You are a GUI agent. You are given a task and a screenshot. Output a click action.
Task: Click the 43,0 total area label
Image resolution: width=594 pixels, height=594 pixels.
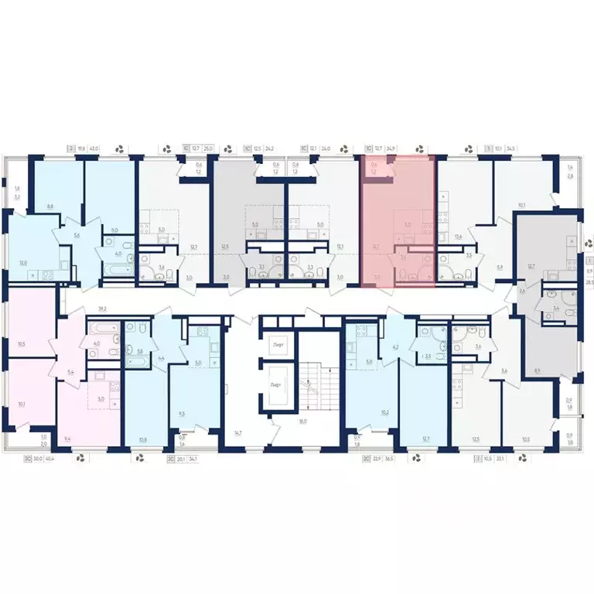[x=95, y=148]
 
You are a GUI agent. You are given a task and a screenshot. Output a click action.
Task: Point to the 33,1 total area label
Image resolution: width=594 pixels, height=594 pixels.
[x=500, y=458]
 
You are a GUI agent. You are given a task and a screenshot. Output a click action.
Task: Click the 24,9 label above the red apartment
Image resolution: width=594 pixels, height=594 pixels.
[x=391, y=148]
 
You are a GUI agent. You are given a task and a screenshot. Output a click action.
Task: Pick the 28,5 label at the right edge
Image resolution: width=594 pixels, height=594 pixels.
[x=589, y=283]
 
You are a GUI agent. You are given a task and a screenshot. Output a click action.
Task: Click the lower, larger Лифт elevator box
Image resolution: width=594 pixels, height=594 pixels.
[x=275, y=384]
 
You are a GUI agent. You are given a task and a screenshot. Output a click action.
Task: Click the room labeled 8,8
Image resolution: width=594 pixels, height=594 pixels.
[x=50, y=207]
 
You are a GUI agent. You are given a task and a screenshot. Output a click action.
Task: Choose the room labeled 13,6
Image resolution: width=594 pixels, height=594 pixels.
[x=459, y=236]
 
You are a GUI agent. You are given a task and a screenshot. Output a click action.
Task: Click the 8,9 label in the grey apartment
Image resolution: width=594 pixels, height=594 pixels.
[x=537, y=370]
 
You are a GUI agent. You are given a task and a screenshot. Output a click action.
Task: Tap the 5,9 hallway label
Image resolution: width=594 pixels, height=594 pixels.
[x=500, y=268]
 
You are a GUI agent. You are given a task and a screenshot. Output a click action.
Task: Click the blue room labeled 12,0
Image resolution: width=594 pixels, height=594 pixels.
[x=23, y=263]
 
